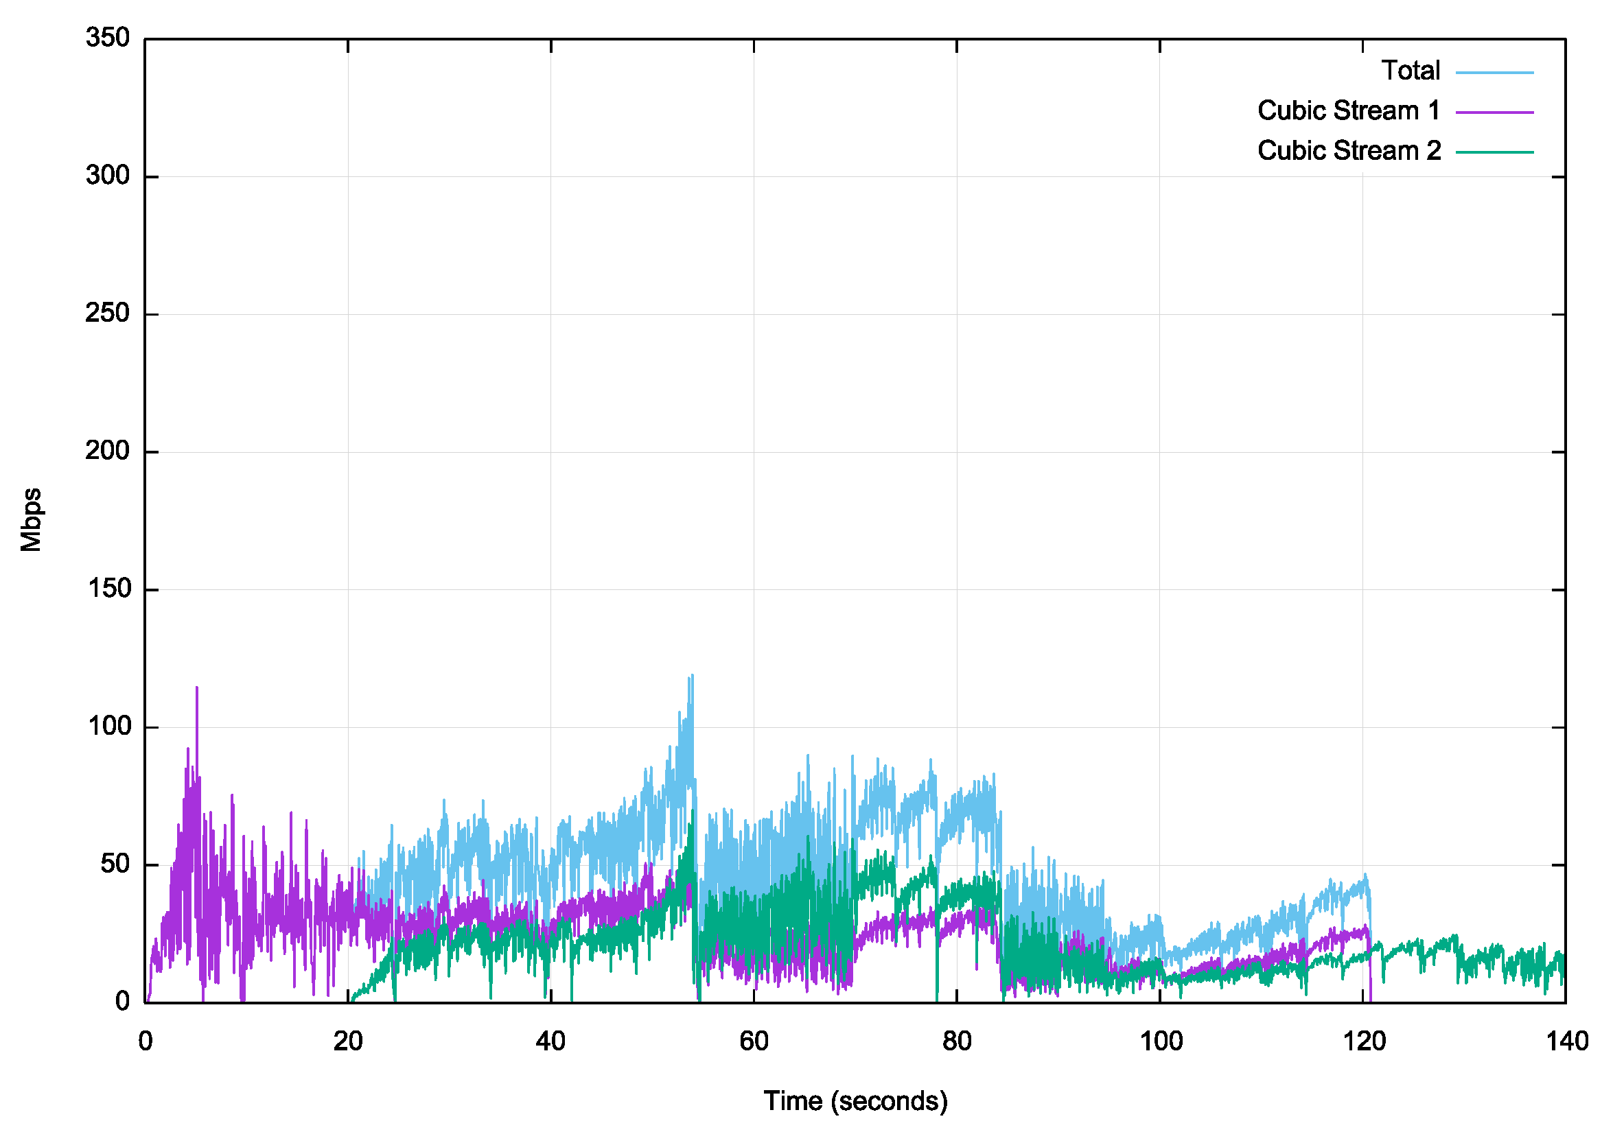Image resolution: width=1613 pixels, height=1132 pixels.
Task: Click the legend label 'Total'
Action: click(x=1410, y=71)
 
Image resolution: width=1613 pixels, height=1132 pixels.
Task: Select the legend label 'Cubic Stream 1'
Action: click(x=1348, y=111)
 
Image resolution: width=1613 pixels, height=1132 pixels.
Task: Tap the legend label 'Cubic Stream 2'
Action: click(x=1348, y=151)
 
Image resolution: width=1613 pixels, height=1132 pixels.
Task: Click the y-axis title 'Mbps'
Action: click(x=31, y=520)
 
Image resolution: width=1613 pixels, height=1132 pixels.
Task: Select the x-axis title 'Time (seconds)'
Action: click(x=855, y=1101)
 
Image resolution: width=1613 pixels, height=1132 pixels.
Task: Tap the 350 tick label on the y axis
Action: click(x=108, y=38)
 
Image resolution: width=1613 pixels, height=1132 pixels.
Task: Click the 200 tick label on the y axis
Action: click(x=108, y=451)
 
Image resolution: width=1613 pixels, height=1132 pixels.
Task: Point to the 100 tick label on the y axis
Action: click(x=108, y=726)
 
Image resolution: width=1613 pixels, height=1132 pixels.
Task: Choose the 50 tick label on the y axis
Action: click(x=115, y=864)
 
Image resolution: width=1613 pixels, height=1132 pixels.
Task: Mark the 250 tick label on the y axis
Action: click(x=108, y=314)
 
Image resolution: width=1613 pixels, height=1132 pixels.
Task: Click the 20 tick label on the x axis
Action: click(x=348, y=1041)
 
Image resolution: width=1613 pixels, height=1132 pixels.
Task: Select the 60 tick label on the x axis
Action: click(x=754, y=1041)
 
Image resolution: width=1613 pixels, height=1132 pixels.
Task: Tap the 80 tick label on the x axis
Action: click(x=956, y=1041)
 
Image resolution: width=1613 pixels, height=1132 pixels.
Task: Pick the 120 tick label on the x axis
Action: click(x=1363, y=1041)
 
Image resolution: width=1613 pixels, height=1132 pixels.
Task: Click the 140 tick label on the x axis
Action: click(x=1566, y=1041)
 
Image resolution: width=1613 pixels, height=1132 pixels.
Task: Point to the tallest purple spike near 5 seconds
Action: click(x=197, y=689)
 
